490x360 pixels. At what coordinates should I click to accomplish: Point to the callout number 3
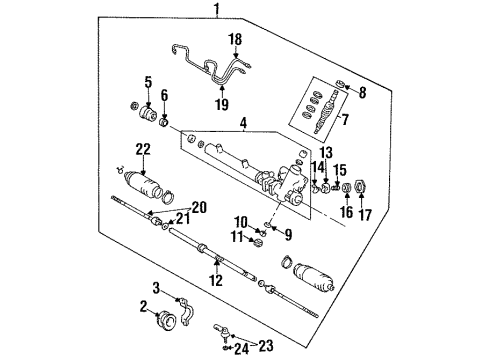tap(156, 287)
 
